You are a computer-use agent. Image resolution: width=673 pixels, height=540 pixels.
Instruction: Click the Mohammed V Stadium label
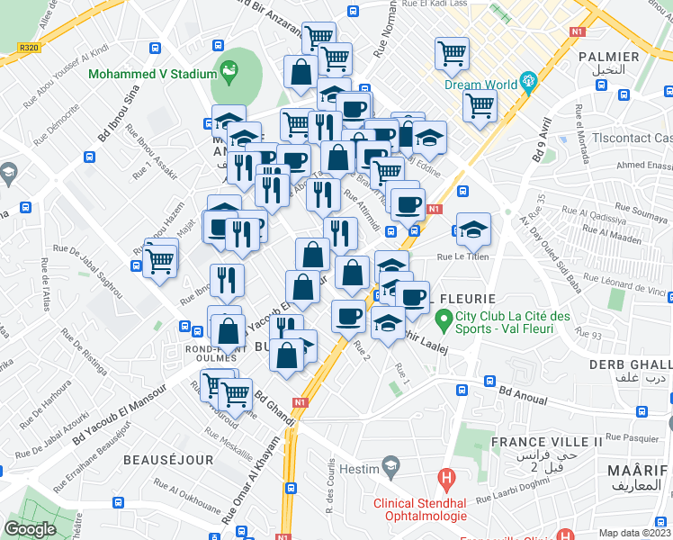tap(152, 74)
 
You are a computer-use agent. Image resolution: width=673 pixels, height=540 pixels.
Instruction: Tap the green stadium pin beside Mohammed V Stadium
tap(230, 69)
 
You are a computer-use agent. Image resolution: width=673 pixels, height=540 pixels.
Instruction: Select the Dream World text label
tap(481, 86)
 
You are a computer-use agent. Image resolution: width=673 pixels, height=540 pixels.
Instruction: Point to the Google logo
tap(30, 529)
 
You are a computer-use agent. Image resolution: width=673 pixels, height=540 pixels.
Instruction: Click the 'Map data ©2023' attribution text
tap(635, 533)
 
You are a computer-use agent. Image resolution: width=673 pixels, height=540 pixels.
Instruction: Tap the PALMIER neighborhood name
tap(615, 57)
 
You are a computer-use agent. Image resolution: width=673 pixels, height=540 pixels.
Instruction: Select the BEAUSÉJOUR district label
tap(168, 460)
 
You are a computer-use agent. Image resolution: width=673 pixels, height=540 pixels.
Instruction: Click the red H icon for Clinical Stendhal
tap(444, 477)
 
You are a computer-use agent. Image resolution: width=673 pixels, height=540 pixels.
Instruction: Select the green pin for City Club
tap(443, 319)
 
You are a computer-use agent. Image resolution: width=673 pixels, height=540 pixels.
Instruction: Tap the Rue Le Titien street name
tap(462, 256)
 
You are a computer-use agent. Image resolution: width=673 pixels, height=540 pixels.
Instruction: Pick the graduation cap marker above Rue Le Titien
tap(473, 229)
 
